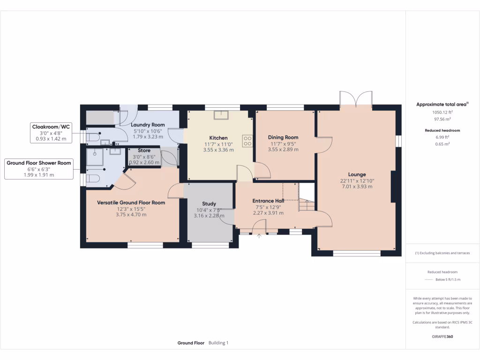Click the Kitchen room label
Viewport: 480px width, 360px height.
[218, 138]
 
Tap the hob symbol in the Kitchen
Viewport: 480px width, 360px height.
[247, 141]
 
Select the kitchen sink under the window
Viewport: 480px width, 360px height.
[220, 115]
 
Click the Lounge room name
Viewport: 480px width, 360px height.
[357, 174]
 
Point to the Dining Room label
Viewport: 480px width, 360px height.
[283, 137]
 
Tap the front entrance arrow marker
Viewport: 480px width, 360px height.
[259, 236]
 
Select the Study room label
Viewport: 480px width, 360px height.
[209, 203]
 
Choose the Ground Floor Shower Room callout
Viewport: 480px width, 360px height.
[39, 169]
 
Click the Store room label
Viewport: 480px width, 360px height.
[144, 150]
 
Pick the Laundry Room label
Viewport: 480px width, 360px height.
[148, 125]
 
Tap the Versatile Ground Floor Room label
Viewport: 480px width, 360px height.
[131, 202]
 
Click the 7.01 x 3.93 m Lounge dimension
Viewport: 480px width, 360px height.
[357, 187]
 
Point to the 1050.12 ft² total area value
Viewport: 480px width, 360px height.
[442, 112]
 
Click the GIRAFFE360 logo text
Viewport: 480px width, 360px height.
[442, 337]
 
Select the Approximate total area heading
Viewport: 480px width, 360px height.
[442, 105]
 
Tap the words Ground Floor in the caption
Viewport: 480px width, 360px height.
[191, 343]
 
